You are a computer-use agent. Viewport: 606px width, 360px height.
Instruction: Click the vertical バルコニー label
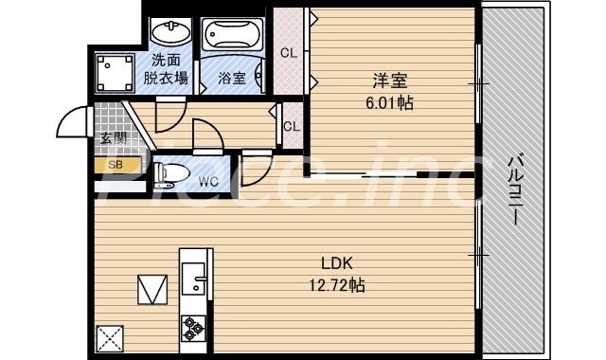tap(515, 190)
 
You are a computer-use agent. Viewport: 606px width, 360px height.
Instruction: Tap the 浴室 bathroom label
tap(232, 79)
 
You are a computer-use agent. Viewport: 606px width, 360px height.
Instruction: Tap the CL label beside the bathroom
tap(289, 53)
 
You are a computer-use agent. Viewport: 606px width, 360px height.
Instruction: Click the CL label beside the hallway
tap(292, 126)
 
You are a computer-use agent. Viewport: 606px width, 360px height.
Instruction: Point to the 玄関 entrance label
tap(114, 138)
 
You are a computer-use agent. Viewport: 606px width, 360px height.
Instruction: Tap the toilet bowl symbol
tap(169, 174)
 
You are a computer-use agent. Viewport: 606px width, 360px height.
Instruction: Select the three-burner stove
tap(195, 327)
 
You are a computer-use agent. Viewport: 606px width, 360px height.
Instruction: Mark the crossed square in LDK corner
tap(110, 337)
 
